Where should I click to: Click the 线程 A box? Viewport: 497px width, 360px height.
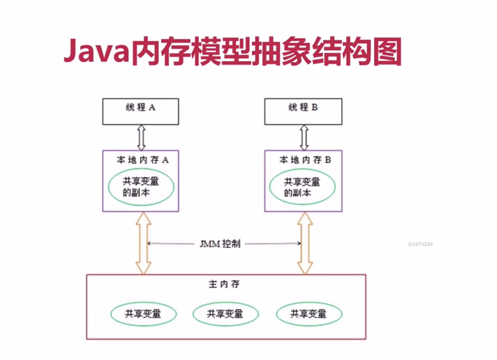(x=140, y=111)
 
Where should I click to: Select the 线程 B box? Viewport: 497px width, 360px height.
(x=303, y=111)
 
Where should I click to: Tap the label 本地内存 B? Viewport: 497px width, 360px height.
(x=305, y=160)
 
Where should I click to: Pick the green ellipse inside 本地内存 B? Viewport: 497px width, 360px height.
(x=303, y=187)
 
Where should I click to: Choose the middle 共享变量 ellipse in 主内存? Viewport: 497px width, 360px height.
(x=225, y=314)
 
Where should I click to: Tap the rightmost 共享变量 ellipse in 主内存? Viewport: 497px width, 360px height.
(x=308, y=314)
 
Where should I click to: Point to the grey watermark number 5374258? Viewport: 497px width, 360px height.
(x=420, y=244)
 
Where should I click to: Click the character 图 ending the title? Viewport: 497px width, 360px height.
(x=387, y=51)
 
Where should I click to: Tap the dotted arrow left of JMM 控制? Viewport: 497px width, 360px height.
(x=172, y=244)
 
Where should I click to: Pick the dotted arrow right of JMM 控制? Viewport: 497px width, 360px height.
(x=272, y=244)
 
